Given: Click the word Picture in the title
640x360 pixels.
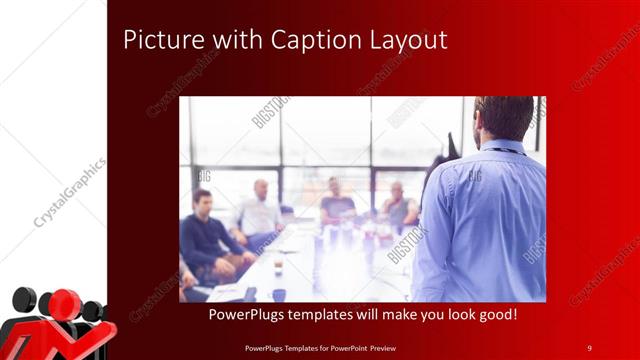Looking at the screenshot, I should tap(157, 40).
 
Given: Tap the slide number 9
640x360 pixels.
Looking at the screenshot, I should tap(589, 347).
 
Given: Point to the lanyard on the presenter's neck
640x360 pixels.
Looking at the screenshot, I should tap(505, 151).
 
